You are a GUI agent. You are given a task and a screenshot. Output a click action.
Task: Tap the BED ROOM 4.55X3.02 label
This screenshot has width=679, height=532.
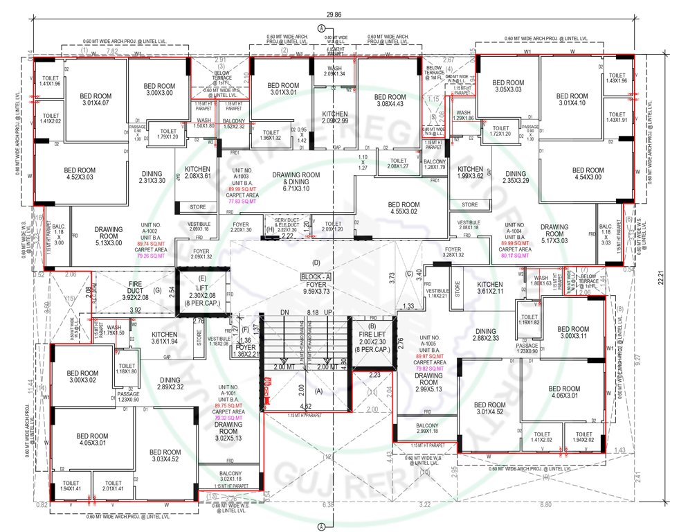(403, 209)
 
